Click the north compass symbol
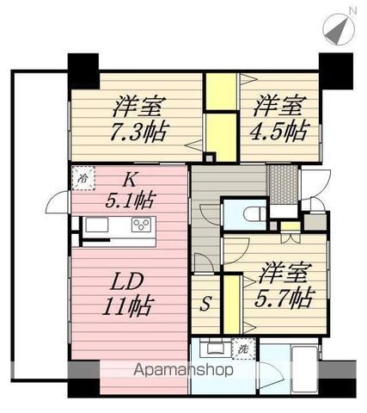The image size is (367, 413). [x=339, y=28]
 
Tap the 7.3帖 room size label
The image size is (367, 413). [x=138, y=133]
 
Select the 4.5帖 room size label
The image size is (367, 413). [x=280, y=131]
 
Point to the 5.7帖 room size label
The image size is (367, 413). [x=284, y=299]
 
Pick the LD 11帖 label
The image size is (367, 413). [x=127, y=294]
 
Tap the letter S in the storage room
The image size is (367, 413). [x=205, y=305]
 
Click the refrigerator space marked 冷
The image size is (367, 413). [x=83, y=178]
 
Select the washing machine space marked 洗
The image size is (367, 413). [x=243, y=348]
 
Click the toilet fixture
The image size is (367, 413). [x=256, y=213]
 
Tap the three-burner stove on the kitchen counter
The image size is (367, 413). [x=141, y=225]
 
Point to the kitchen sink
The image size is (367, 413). [x=97, y=225]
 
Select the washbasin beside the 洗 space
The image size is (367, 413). [x=215, y=348]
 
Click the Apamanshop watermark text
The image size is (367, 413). [x=183, y=370]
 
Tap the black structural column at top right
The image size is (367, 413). [x=336, y=71]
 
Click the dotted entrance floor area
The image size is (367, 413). [x=282, y=184]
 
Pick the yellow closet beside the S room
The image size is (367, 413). [x=231, y=305]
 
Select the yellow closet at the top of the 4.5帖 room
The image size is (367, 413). [x=222, y=91]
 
